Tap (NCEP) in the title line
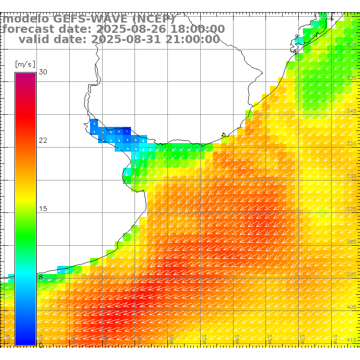pyautogui.click(x=153, y=19)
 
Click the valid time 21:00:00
pyautogui.click(x=191, y=39)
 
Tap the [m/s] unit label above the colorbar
pyautogui.click(x=25, y=64)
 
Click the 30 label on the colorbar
pyautogui.click(x=43, y=72)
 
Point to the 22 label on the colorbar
pyautogui.click(x=43, y=140)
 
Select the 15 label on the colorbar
pyautogui.click(x=43, y=209)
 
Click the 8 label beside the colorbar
pyautogui.click(x=41, y=277)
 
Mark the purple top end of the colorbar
pyautogui.click(x=25, y=75)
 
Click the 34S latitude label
pyautogui.click(x=352, y=111)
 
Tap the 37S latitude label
pyautogui.click(x=352, y=209)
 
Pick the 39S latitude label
pyautogui.click(x=352, y=274)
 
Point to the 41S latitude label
pyautogui.click(x=352, y=339)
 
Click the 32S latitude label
pyautogui.click(x=352, y=45)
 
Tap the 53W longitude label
pyautogui.click(x=270, y=337)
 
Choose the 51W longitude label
pyautogui.click(x=335, y=337)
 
